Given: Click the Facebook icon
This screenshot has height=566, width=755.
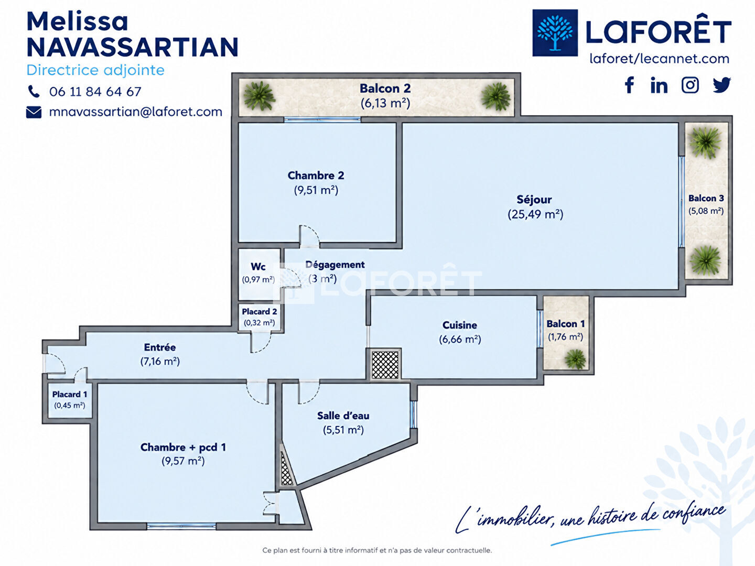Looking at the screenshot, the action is click(x=629, y=85).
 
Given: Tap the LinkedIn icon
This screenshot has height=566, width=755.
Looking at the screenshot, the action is click(x=659, y=85).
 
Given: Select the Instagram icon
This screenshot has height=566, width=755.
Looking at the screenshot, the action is click(x=690, y=85).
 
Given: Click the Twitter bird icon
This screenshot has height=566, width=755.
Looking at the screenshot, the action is click(x=721, y=85).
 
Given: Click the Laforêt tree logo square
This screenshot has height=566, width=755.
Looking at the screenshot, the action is click(x=555, y=32).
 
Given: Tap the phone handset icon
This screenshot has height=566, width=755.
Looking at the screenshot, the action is click(x=34, y=91).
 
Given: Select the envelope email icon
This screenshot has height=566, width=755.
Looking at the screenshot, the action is click(x=34, y=112).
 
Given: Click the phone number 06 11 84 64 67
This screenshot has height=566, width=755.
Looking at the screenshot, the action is click(x=95, y=92).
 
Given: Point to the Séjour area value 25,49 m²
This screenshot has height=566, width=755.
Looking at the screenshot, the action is click(x=535, y=214).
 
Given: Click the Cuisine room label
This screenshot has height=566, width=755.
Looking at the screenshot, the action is click(x=459, y=325).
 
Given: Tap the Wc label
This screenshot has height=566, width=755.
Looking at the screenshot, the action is click(x=258, y=267).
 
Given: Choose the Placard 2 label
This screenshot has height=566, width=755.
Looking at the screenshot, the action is click(x=260, y=312).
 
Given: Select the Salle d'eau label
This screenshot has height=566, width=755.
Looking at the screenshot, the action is click(x=343, y=416).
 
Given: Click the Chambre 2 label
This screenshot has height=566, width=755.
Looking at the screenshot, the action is click(x=316, y=175).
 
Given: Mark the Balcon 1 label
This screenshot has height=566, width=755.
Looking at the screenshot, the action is click(x=566, y=324).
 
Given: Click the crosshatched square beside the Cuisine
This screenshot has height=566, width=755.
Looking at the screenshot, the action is click(x=385, y=364).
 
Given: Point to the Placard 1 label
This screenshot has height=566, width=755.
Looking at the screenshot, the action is click(x=70, y=394).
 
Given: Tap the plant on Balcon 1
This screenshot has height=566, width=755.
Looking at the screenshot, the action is click(x=575, y=359).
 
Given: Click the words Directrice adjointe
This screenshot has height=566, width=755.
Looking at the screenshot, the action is click(x=95, y=70).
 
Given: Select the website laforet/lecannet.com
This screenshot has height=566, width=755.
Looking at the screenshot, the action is click(x=660, y=59).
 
